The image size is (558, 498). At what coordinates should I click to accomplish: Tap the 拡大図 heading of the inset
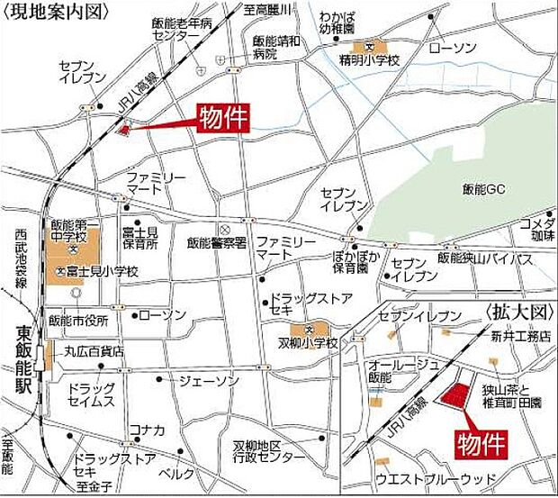pos(516,312)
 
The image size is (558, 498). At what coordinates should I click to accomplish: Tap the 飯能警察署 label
pos(217,242)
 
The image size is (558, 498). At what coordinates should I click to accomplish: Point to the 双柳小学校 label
pos(307,343)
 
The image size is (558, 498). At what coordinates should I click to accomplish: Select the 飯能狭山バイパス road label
pos(484,258)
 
